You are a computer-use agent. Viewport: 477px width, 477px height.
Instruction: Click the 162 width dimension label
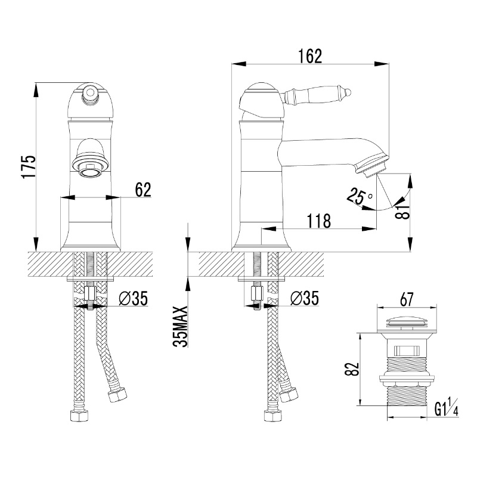point(309,56)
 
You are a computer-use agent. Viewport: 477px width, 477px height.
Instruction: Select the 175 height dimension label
point(29,167)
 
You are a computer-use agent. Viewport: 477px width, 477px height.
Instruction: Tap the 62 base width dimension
point(143,190)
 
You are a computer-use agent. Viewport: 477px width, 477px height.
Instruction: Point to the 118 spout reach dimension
point(318,221)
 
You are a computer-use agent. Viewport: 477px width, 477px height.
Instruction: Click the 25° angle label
point(360,196)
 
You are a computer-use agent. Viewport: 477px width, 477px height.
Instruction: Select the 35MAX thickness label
point(181,326)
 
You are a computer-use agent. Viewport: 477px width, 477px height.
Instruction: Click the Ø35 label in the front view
point(133,298)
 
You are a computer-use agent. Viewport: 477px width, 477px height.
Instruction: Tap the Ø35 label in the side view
point(305,298)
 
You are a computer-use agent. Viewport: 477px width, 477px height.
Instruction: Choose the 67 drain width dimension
point(407,300)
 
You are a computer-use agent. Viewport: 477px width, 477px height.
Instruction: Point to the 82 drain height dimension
point(352,369)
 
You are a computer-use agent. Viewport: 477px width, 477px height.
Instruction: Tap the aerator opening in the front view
point(90,172)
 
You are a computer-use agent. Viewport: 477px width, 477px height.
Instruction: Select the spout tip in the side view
point(372,165)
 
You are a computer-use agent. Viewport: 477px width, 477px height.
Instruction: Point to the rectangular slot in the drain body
point(407,351)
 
